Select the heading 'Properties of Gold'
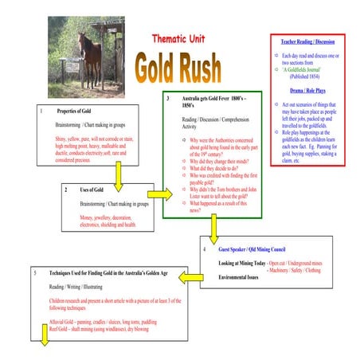pyautogui.click(x=79, y=111)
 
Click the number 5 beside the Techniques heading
pyautogui.click(x=35, y=272)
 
